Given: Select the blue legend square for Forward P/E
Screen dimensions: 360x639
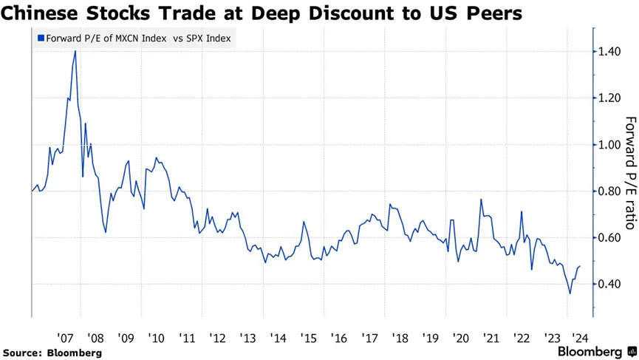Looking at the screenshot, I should click(41, 39).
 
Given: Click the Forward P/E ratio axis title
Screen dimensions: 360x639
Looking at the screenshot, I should click(630, 172).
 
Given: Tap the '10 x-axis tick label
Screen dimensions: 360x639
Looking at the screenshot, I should click(156, 338).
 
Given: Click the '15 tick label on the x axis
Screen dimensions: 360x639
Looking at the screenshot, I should click(309, 338).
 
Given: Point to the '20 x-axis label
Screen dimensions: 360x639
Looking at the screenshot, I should click(462, 338).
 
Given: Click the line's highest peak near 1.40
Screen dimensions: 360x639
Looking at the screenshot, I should click(75, 51).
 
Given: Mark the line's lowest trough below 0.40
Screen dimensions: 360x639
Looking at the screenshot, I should click(570, 293).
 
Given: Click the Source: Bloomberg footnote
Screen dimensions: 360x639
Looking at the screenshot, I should click(52, 353).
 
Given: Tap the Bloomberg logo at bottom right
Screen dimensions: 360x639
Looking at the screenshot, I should click(595, 351).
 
